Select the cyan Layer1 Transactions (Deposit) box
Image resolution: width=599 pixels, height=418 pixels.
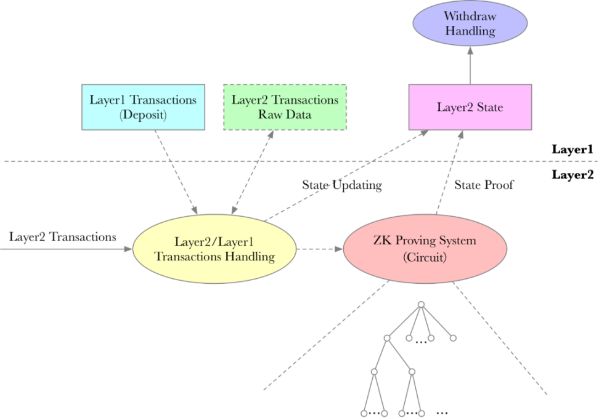pyautogui.click(x=143, y=107)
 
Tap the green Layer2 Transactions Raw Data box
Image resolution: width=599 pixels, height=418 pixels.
pyautogui.click(x=285, y=107)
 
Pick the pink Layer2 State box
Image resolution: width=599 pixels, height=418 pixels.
pyautogui.click(x=470, y=107)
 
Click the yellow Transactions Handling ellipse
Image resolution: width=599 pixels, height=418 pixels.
pyautogui.click(x=214, y=249)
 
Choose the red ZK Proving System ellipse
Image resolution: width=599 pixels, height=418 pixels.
pyautogui.click(x=425, y=249)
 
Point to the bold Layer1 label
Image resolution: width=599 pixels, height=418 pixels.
pyautogui.click(x=572, y=149)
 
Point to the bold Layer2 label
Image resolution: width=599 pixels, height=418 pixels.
pyautogui.click(x=572, y=175)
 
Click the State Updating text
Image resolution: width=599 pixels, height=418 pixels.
pyautogui.click(x=341, y=185)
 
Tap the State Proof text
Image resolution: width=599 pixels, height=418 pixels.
pyautogui.click(x=483, y=185)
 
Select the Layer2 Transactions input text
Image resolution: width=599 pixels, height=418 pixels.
pyautogui.click(x=63, y=236)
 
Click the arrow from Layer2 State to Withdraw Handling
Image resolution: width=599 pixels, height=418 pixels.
pyautogui.click(x=470, y=68)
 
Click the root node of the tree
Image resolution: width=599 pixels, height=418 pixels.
pyautogui.click(x=422, y=304)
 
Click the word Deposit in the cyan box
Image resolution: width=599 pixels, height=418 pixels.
pyautogui.click(x=143, y=115)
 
